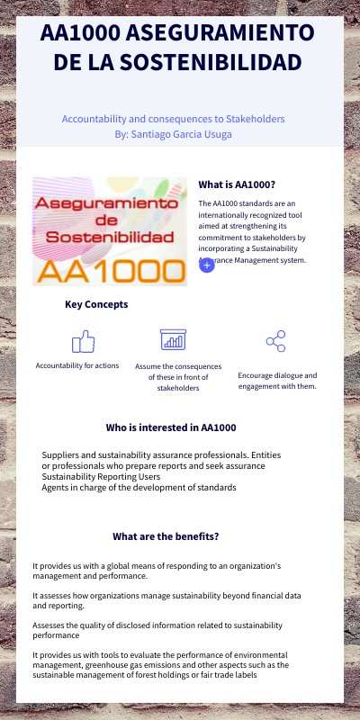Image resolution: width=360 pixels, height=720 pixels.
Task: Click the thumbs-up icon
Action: [x=83, y=341]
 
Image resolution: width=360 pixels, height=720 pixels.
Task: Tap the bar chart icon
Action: [x=173, y=339]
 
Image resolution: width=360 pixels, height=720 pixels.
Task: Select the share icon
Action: [x=276, y=341]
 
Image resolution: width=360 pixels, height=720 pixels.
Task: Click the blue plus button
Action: [x=207, y=265]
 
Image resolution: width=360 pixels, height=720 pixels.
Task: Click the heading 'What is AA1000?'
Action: [x=237, y=184]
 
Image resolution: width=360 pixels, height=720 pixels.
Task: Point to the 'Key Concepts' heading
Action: [x=96, y=304]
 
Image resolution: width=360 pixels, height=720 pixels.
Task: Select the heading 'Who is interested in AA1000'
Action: [x=171, y=427]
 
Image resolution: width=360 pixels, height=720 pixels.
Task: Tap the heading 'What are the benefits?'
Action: [x=166, y=536]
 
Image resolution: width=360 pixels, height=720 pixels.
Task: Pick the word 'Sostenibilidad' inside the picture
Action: [x=110, y=237]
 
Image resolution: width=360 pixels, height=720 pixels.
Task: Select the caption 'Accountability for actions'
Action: [x=77, y=365]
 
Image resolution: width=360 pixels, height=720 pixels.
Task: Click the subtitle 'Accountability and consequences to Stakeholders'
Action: [x=174, y=119]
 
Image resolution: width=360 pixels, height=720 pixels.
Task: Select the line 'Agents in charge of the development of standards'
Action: [x=139, y=488]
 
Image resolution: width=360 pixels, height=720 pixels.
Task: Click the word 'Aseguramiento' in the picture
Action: [x=108, y=204]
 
